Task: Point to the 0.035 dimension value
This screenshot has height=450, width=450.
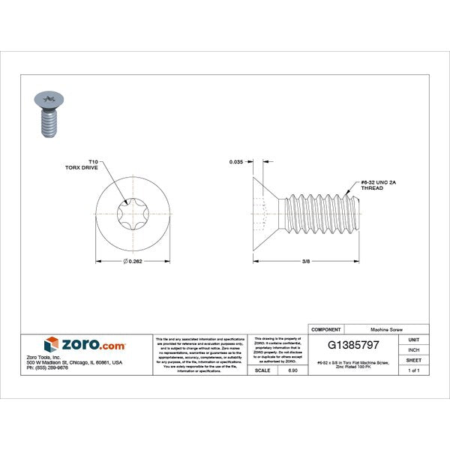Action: click(237, 162)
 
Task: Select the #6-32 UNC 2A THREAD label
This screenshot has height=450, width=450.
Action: click(372, 185)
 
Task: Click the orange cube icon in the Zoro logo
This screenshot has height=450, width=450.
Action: click(52, 343)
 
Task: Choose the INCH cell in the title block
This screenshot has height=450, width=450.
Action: click(413, 349)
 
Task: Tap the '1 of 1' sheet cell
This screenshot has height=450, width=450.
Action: click(413, 370)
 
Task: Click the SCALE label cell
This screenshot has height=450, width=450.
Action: click(263, 370)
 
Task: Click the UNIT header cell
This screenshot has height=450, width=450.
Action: click(413, 340)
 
